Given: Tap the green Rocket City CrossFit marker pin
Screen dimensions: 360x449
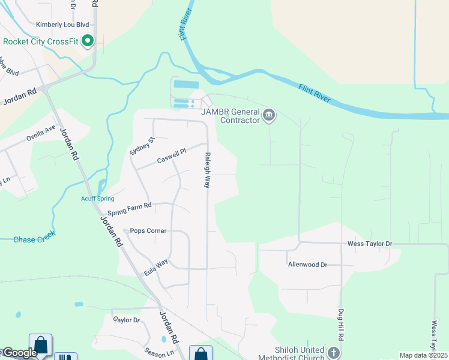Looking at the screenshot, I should (x=88, y=41).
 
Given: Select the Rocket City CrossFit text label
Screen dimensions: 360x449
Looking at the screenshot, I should (x=41, y=41).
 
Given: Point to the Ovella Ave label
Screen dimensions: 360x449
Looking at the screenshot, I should (x=41, y=133).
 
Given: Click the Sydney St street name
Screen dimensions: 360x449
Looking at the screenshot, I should (x=134, y=146).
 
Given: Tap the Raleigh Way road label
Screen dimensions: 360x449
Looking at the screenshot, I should (x=207, y=170).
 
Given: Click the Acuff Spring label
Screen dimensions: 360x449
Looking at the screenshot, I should (x=98, y=199).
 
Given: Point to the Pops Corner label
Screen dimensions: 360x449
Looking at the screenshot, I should (x=148, y=230).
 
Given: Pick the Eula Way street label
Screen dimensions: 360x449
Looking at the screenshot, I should (x=155, y=268).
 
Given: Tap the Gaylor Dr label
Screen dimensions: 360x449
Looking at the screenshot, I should (x=126, y=320).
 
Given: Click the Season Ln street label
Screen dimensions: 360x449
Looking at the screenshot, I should (x=158, y=354).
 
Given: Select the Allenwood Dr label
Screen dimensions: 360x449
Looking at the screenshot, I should (x=307, y=264).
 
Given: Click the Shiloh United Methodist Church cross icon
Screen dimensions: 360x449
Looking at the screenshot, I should (x=334, y=352).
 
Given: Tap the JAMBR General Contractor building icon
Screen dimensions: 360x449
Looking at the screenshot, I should (x=268, y=115).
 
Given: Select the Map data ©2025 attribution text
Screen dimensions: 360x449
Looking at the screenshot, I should (x=423, y=355).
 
